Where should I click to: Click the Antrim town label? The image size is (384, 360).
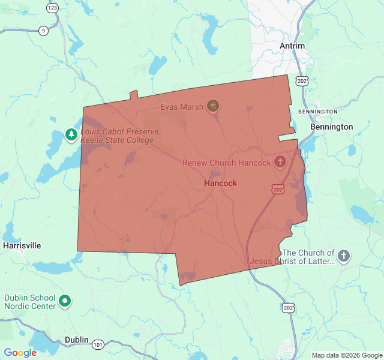pyautogui.click(x=292, y=46)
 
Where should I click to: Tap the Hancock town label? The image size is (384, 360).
pyautogui.click(x=220, y=183)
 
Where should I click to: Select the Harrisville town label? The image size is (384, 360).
pyautogui.click(x=22, y=245)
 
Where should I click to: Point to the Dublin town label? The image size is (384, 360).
pyautogui.click(x=77, y=340)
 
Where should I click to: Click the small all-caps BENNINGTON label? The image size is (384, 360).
pyautogui.click(x=317, y=112)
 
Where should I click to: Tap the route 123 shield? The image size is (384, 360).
pyautogui.click(x=52, y=8)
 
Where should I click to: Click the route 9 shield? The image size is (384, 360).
pyautogui.click(x=43, y=31)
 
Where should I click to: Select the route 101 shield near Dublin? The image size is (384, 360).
pyautogui.click(x=98, y=344)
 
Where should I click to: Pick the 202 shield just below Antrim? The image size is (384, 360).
pyautogui.click(x=302, y=81)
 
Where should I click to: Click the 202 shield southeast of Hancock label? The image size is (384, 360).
pyautogui.click(x=277, y=189)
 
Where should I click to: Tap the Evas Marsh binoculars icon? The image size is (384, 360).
pyautogui.click(x=212, y=107)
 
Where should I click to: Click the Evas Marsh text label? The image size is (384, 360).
pyautogui.click(x=181, y=107)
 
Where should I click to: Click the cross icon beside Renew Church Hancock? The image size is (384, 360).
pyautogui.click(x=280, y=161)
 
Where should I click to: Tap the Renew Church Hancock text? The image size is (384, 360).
pyautogui.click(x=227, y=163)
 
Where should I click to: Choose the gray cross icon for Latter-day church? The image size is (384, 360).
pyautogui.click(x=344, y=257)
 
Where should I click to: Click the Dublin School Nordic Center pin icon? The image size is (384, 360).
pyautogui.click(x=65, y=301)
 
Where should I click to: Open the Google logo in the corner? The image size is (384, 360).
pyautogui.click(x=20, y=353)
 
